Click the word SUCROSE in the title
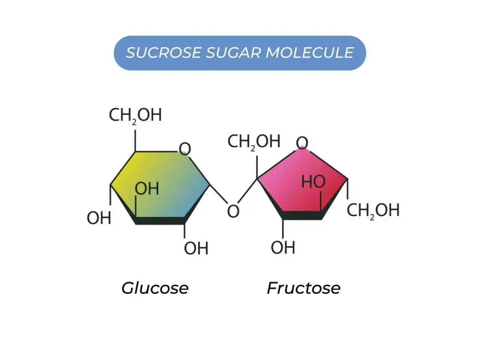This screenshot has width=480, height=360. (x=163, y=52)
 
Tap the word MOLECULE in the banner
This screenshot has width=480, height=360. (x=309, y=52)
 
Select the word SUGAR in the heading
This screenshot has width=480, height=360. (x=233, y=52)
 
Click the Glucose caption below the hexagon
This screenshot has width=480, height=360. (x=155, y=288)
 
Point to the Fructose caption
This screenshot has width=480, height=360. (x=303, y=288)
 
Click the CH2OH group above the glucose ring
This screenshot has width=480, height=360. (x=135, y=115)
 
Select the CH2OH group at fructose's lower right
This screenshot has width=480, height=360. (x=373, y=211)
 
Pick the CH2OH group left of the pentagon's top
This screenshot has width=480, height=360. (x=253, y=142)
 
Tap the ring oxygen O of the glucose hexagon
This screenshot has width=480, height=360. (x=185, y=149)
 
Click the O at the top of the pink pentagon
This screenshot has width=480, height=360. (x=302, y=143)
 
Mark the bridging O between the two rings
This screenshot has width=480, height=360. (x=233, y=211)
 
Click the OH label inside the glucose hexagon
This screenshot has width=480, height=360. (x=147, y=189)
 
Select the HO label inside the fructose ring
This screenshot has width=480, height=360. (x=313, y=181)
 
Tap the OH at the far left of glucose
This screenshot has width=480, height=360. (x=99, y=218)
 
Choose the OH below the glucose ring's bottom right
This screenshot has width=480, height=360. (x=196, y=248)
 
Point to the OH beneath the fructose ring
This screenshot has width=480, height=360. (x=283, y=247)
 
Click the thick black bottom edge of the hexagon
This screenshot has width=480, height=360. (x=160, y=221)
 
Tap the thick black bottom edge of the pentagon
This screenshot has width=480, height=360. (x=302, y=215)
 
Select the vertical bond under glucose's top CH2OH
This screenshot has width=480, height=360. (x=135, y=140)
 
